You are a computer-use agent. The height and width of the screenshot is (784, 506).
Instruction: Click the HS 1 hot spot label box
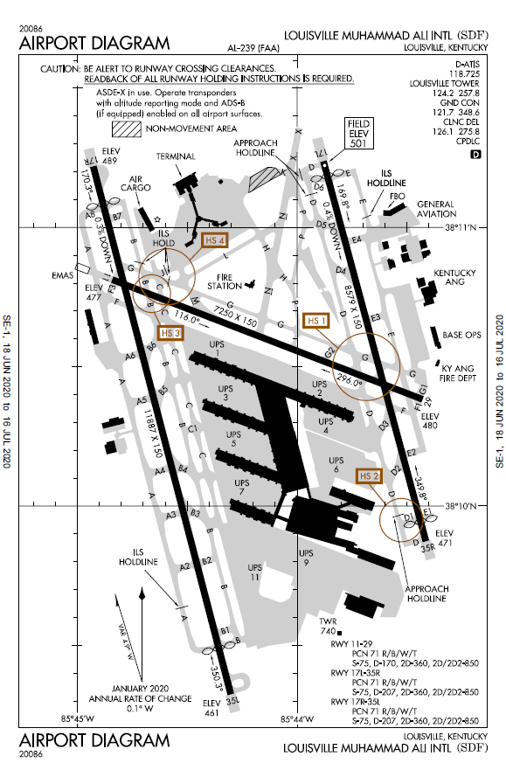317,321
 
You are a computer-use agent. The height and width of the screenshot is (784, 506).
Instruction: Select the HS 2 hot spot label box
369,475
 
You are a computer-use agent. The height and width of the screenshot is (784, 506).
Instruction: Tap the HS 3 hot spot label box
171,332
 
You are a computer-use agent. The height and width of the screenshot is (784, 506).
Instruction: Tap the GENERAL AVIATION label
435,208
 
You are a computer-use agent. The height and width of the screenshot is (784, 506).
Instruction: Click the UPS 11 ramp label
253,572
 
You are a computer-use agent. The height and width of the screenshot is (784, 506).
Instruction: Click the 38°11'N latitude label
461,228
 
